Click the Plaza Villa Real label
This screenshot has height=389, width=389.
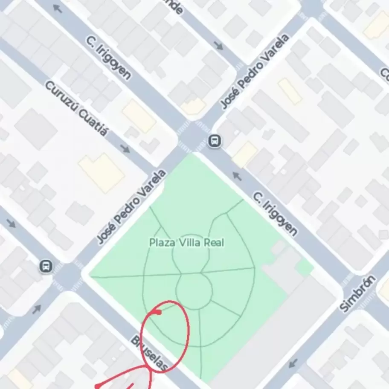click(187, 243)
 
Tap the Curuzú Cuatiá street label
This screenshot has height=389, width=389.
click(76, 108)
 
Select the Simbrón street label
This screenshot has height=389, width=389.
click(358, 294)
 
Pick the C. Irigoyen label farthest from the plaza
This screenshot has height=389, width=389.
click(108, 57)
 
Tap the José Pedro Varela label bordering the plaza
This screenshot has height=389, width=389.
click(131, 206)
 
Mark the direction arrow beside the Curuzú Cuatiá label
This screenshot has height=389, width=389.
click(125, 148)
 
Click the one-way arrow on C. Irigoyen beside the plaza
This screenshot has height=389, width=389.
click(237, 175)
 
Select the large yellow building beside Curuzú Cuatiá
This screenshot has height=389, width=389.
click(102, 172)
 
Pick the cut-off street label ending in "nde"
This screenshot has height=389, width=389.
click(175, 6)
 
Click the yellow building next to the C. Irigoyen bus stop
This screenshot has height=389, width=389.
click(245, 154)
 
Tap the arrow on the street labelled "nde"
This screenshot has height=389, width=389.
click(219, 45)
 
